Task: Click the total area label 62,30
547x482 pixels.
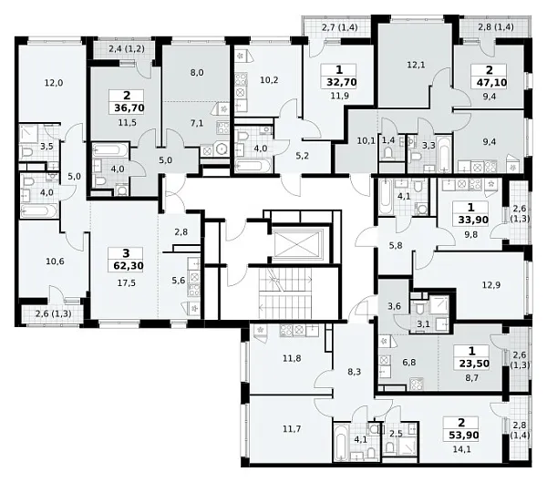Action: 128,266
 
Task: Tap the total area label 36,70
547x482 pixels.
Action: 129,108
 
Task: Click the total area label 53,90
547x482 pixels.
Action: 464,436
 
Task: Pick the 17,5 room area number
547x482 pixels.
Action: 127,283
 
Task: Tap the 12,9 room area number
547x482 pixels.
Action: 491,285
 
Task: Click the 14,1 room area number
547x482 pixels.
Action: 461,449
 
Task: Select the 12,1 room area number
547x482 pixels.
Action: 417,65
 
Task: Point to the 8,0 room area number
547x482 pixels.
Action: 197,73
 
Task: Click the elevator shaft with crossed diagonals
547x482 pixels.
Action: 296,244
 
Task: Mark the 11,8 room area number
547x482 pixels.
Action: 292,358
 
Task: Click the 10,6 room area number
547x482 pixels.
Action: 55,262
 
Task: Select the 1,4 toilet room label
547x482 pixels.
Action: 388,140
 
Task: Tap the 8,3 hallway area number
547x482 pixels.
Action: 354,372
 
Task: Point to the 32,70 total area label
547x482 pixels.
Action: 342,82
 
